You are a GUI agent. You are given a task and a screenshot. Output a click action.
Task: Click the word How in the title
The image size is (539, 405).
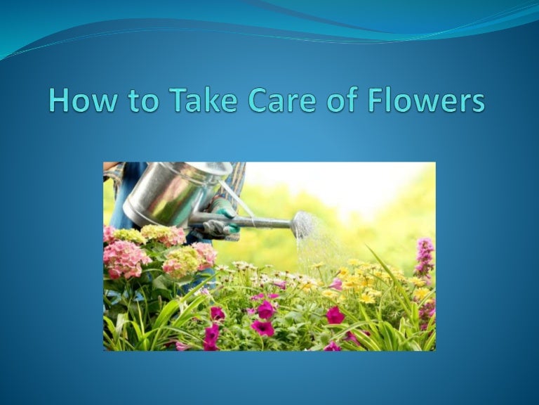tap(83, 100)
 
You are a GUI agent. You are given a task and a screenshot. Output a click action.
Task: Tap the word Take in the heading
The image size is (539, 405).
tap(204, 100)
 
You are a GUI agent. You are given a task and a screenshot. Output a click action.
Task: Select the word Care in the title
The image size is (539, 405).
tap(281, 100)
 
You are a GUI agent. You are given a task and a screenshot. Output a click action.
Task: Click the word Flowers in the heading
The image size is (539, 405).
tap(426, 100)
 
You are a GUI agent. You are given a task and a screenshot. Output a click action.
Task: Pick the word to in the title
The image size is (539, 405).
tap(143, 101)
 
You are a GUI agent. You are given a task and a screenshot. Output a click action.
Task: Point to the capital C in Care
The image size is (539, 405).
tap(258, 101)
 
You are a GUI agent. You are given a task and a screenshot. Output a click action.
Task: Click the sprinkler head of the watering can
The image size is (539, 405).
tap(302, 224)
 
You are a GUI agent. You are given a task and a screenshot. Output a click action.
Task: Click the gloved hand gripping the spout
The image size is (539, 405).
tap(220, 220)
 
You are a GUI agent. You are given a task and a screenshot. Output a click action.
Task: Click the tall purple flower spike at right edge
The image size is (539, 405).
tap(425, 257)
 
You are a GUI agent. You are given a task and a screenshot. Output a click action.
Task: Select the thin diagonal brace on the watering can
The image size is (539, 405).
tap(237, 200)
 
